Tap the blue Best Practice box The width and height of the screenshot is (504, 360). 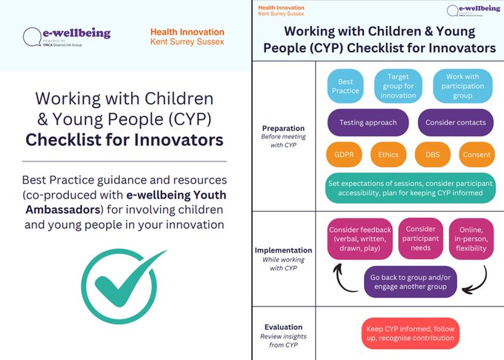click(345, 86)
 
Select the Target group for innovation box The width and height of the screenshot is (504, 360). click(399, 86)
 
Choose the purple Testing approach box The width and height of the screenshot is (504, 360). click(368, 122)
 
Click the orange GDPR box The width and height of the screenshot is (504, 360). click(343, 155)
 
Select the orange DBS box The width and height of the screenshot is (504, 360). click(432, 155)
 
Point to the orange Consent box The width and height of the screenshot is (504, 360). click(476, 155)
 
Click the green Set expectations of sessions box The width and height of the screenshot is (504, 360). click(411, 188)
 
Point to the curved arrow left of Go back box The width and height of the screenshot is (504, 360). click(345, 279)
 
